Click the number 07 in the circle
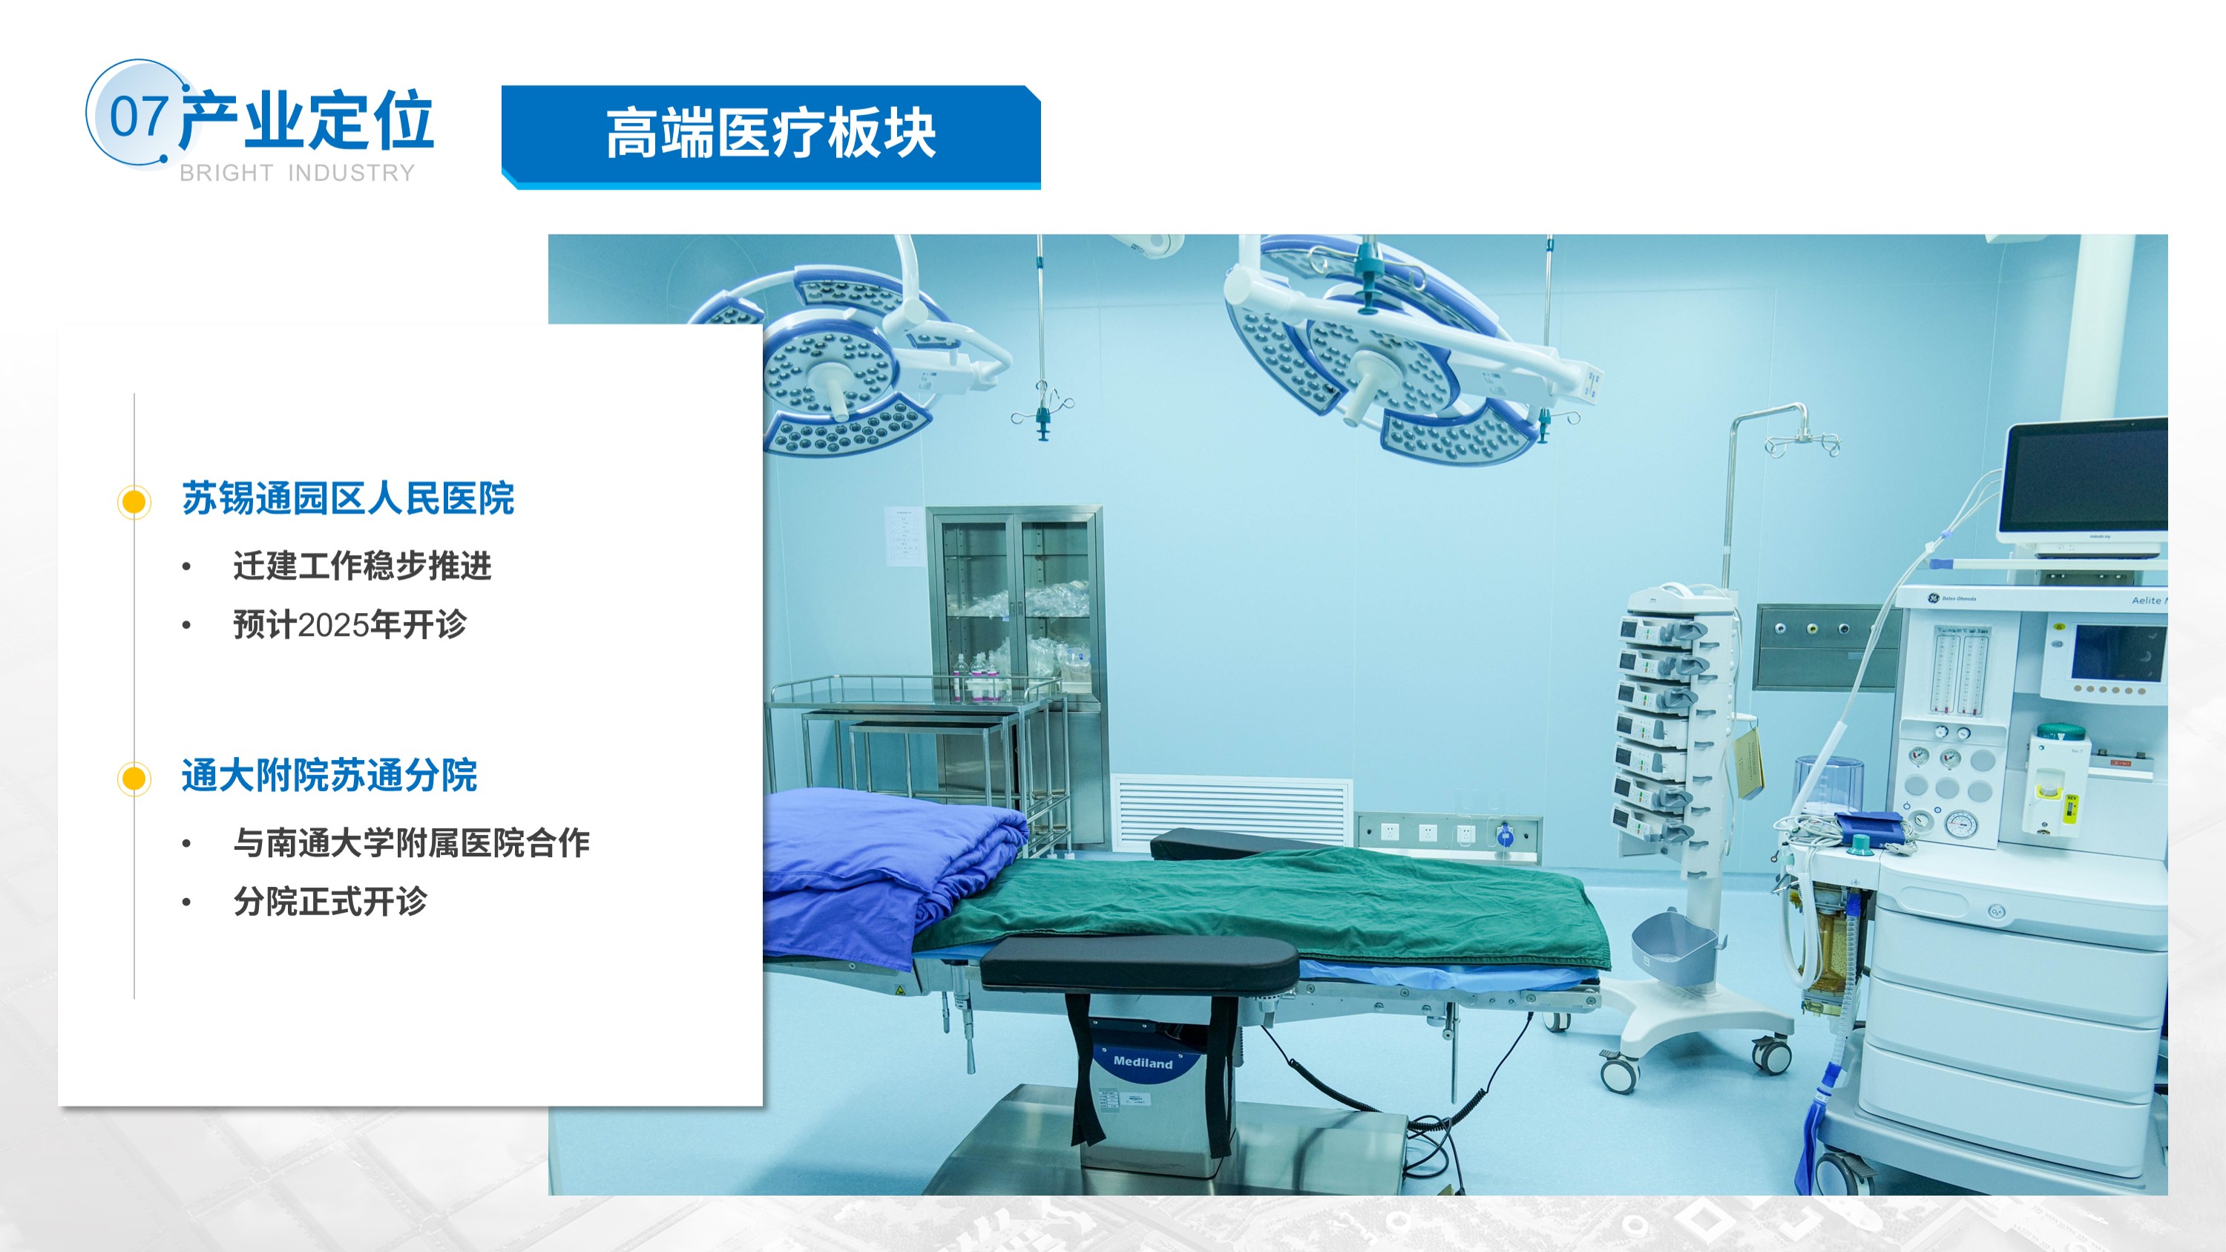tap(138, 117)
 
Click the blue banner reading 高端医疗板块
tap(771, 136)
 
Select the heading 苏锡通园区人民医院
tap(347, 499)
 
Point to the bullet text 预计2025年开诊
tap(350, 624)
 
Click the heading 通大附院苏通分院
tap(329, 775)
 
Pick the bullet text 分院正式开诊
tap(330, 901)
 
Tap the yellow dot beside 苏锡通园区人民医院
tap(134, 501)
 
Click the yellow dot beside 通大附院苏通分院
tap(134, 779)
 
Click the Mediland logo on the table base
tap(1143, 1062)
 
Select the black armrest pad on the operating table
tap(1139, 963)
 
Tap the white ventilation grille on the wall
tap(1230, 812)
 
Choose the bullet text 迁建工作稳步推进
tap(362, 566)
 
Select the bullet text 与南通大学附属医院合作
tap(411, 842)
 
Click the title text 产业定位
tap(306, 119)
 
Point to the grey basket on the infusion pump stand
tap(1674, 948)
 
